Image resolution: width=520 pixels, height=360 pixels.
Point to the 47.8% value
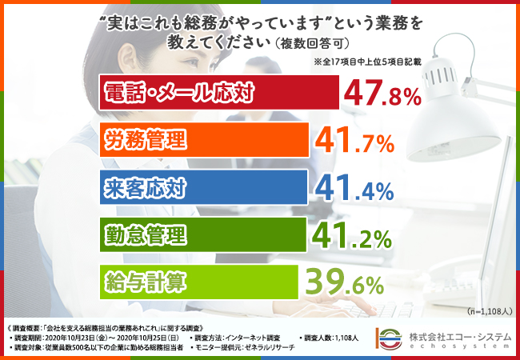(x=382, y=94)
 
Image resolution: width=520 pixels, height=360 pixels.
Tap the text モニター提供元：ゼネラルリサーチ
(x=239, y=348)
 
